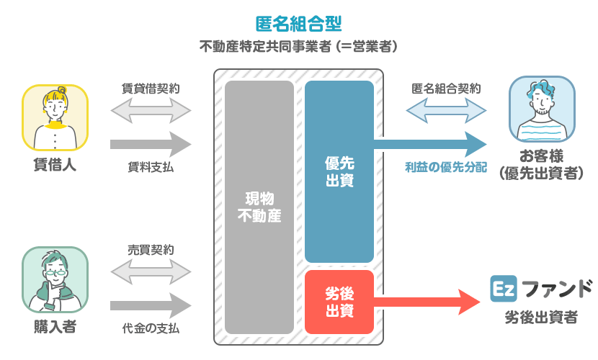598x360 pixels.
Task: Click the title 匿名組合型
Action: click(x=298, y=22)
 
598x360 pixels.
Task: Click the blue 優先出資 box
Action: click(x=339, y=172)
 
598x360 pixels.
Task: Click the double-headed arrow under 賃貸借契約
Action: click(x=151, y=111)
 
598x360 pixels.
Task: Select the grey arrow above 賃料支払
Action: click(x=151, y=144)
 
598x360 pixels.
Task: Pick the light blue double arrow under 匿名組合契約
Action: click(x=447, y=111)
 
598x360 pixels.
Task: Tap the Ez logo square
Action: click(x=501, y=289)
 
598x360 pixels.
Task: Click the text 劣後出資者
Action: click(x=540, y=318)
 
